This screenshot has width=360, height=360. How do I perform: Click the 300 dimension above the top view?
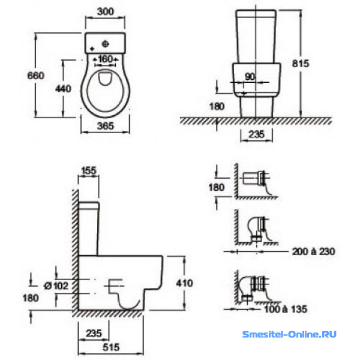106,11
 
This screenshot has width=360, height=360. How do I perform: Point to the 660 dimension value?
35,76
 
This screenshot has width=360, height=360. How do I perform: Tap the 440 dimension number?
64,89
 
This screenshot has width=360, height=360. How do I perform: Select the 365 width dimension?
106,126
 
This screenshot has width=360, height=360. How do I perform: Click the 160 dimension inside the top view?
106,59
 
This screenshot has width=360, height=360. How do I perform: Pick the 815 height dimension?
301,64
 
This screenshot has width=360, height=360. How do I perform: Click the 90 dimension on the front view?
250,77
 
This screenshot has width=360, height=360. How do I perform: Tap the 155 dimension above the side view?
89,170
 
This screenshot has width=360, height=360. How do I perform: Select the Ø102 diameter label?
56,286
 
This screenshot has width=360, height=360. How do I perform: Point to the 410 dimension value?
185,283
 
